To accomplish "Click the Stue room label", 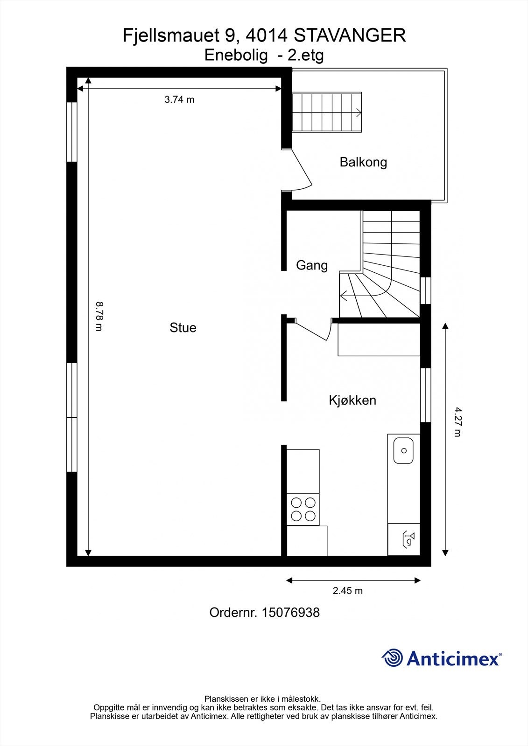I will point(183,328).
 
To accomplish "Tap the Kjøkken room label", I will point(352,400).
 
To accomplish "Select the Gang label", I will point(312,265).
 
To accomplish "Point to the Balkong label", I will point(363,162).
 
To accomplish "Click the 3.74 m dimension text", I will point(179,99).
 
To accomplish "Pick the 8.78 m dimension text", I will point(99,317).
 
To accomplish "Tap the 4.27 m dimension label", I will point(458,422).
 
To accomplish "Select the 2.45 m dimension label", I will point(348,591).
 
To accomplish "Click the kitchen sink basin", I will point(404,450).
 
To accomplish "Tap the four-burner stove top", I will point(303,509).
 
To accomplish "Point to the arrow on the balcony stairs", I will point(359,112).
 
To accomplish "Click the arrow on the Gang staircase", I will point(344,296).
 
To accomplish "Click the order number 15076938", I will point(290,612).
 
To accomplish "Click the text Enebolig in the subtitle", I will point(236,55).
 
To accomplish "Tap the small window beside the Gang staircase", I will point(426,291).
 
